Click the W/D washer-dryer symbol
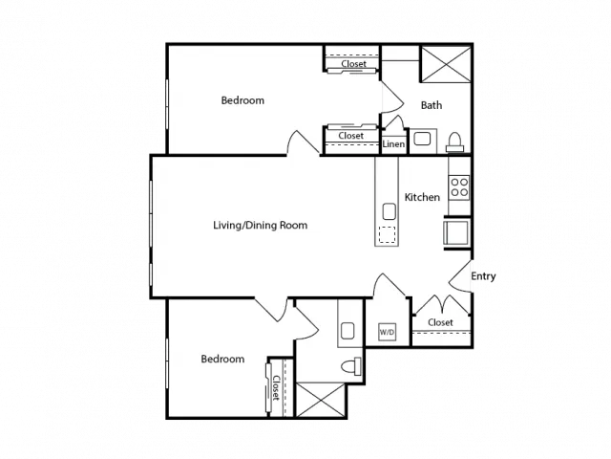pos(388,332)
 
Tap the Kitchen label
pos(422,197)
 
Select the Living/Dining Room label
pos(261,226)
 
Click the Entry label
pos(483,276)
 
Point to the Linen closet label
pos(393,144)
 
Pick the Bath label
pos(432,105)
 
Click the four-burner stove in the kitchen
pos(459,187)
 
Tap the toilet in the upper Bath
pos(454,142)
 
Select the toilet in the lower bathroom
pos(351,366)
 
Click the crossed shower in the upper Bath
pos(446,64)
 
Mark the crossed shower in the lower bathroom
pos(321,400)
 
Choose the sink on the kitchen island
pos(390,211)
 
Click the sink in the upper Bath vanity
pos(422,139)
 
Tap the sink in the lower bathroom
pos(348,331)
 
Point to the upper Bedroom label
pos(242,100)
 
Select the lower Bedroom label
pos(222,359)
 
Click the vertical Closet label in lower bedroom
pos(276,388)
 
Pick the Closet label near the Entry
pos(440,322)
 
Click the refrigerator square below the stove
pos(456,232)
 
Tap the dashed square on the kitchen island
pos(387,234)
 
